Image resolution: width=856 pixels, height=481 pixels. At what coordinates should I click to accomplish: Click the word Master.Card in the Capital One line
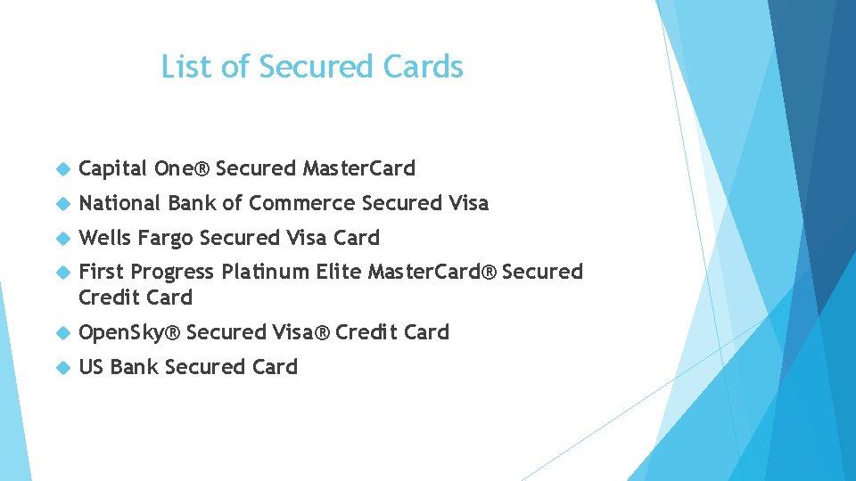point(359,168)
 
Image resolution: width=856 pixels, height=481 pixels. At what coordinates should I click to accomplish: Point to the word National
point(119,203)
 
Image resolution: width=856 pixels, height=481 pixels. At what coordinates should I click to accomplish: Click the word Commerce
point(302,203)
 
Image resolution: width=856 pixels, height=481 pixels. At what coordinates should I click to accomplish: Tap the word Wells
point(103,238)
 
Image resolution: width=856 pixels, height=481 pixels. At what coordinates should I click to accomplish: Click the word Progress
point(173,273)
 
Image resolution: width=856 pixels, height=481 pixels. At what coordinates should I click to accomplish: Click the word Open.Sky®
point(130,332)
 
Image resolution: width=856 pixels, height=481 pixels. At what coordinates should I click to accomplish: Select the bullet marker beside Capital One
point(62,168)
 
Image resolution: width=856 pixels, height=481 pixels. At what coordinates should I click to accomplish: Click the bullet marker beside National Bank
point(62,203)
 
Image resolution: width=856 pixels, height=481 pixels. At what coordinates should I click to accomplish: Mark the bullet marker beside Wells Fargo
point(62,238)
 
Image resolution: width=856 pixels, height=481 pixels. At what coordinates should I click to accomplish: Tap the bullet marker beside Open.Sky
point(62,332)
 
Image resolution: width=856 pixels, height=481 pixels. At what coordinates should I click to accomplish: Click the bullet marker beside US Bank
point(62,367)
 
